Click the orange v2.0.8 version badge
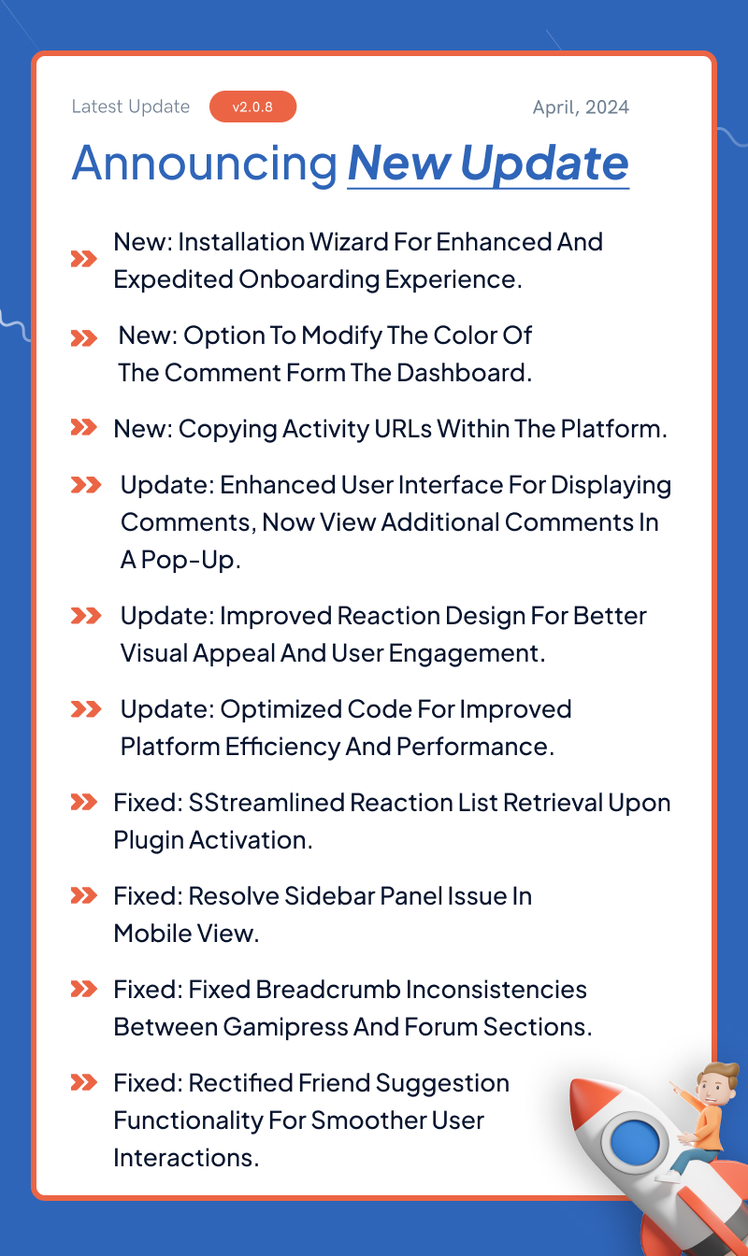pyautogui.click(x=252, y=107)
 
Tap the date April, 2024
pyautogui.click(x=581, y=107)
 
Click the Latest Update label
pyautogui.click(x=131, y=107)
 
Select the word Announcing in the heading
pyautogui.click(x=205, y=164)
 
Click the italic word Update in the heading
pyautogui.click(x=544, y=164)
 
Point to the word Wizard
pyautogui.click(x=349, y=242)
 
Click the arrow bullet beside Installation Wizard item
pyautogui.click(x=83, y=259)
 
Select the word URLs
pyautogui.click(x=403, y=429)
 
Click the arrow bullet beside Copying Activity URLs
pyautogui.click(x=83, y=427)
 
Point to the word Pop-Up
pyautogui.click(x=191, y=560)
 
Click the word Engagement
pyautogui.click(x=467, y=654)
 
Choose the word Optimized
pyautogui.click(x=280, y=710)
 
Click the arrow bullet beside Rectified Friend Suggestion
pyautogui.click(x=83, y=1082)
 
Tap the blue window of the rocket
pyautogui.click(x=635, y=1142)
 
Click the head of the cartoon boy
pyautogui.click(x=716, y=1083)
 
